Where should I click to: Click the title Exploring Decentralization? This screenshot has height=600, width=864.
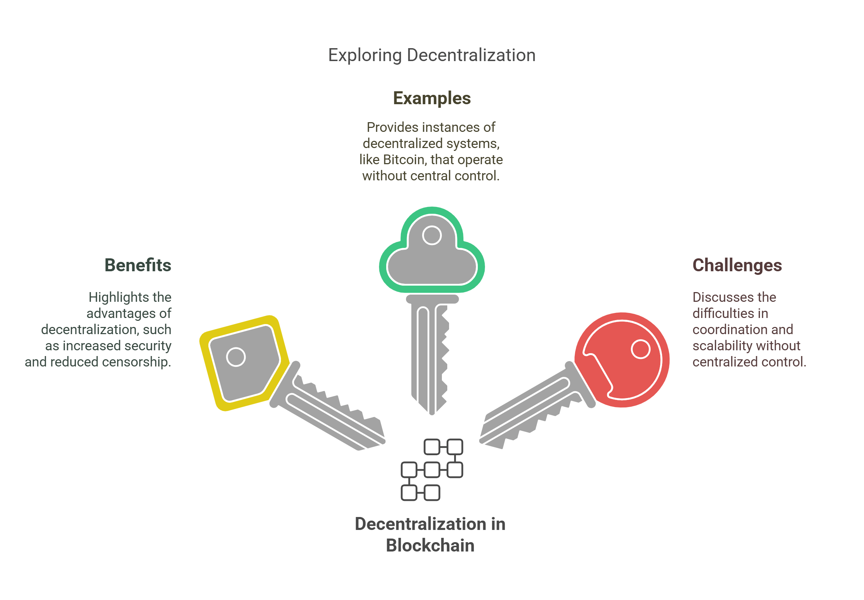(431, 55)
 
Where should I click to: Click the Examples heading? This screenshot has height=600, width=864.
(431, 98)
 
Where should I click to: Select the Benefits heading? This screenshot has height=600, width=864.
(138, 265)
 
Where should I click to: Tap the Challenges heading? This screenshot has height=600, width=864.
(736, 265)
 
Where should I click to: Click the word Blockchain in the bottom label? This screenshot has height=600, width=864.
(430, 545)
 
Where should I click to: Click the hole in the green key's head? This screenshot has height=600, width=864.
(431, 235)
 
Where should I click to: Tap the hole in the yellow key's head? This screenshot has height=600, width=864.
(236, 357)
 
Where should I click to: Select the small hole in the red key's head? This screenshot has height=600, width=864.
(641, 349)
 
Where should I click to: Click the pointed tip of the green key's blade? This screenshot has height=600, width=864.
(432, 412)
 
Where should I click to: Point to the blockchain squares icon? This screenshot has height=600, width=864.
(432, 470)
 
